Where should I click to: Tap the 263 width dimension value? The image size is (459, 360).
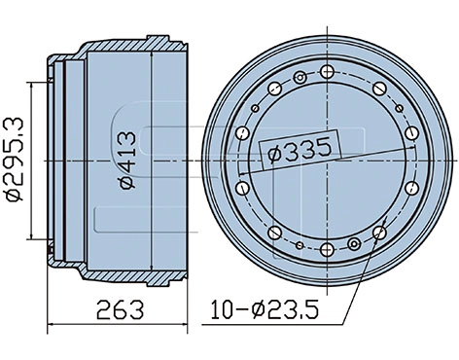[x=121, y=310]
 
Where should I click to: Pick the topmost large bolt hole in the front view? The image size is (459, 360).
[x=327, y=70]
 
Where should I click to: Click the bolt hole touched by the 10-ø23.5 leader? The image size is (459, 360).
[x=378, y=231]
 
